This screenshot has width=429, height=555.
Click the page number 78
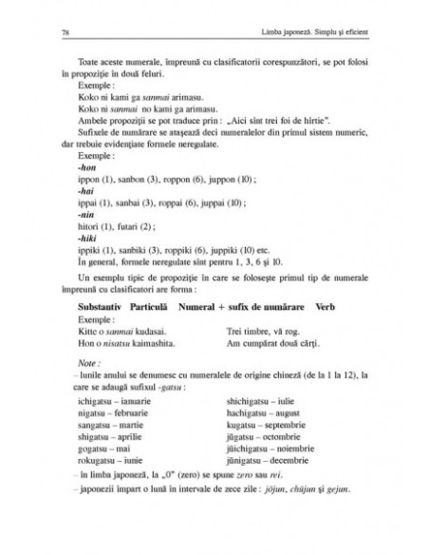(62, 33)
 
